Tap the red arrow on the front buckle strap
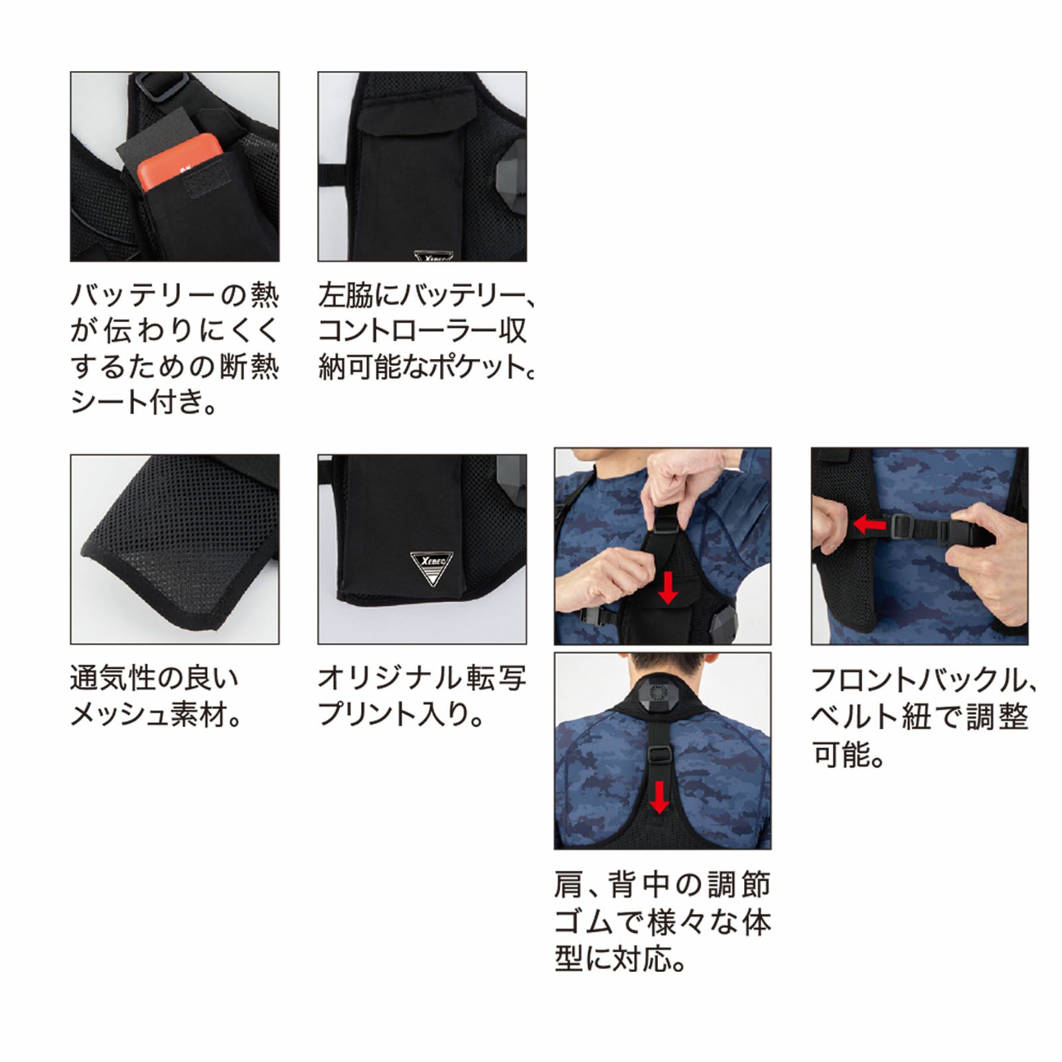(870, 525)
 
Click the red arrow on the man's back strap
(658, 796)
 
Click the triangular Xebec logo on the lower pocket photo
(431, 568)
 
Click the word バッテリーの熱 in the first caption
(175, 295)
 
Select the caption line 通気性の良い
(153, 678)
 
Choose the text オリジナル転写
(421, 678)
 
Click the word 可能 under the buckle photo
(840, 754)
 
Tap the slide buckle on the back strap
(658, 754)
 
